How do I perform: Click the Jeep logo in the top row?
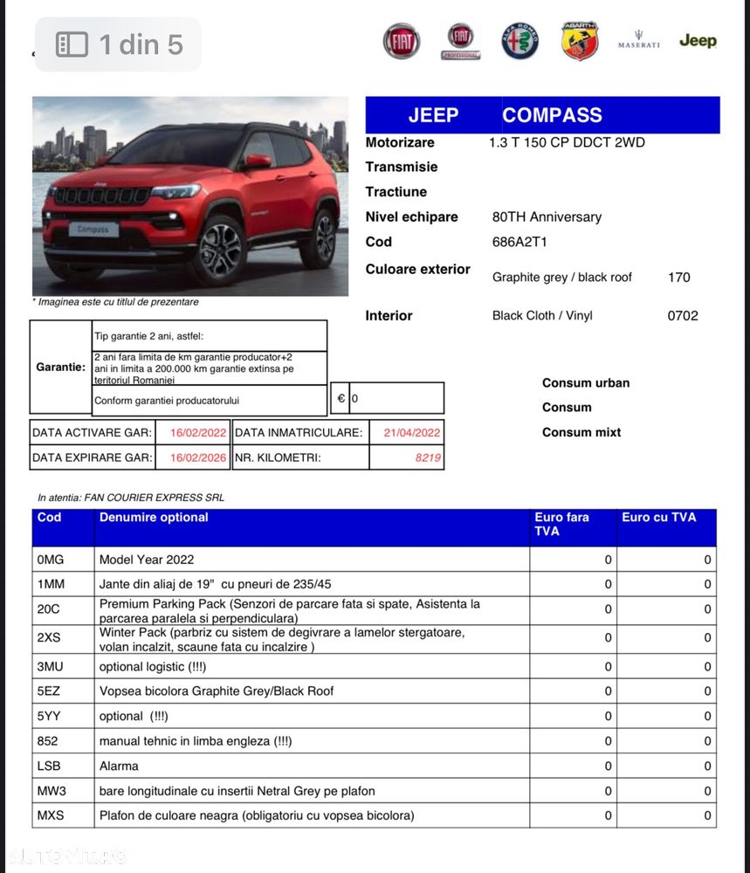pos(697,41)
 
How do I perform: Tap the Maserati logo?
pos(638,41)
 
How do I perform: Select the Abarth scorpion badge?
pos(579,41)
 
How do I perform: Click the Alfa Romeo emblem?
pos(519,41)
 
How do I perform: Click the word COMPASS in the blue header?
pos(552,115)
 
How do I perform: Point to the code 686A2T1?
pos(519,242)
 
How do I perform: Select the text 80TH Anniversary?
pos(547,217)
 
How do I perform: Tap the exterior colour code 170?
pos(678,278)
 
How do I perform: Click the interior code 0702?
pos(683,316)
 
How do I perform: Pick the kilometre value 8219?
pos(428,457)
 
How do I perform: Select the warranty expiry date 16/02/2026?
pos(198,457)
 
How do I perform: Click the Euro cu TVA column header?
pos(658,518)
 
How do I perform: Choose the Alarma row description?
pos(119,766)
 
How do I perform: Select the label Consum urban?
pos(585,382)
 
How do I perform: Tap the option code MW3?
pos(51,791)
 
